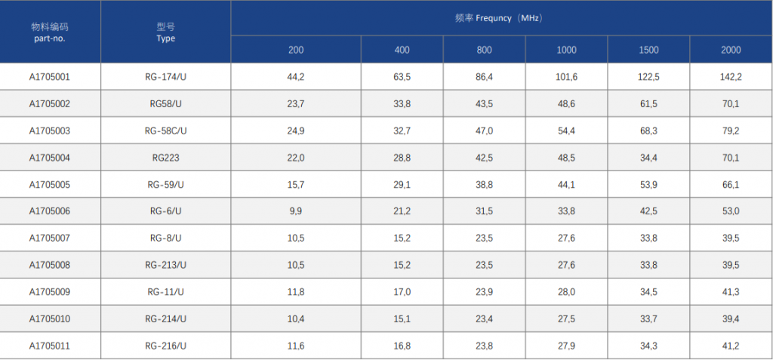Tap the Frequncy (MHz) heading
499,18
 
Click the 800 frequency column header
484,50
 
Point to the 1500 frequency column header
648,50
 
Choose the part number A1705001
49,77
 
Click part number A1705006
49,211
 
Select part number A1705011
49,346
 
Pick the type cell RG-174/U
165,77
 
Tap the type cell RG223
165,158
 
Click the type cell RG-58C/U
165,131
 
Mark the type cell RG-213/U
165,266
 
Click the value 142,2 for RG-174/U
731,77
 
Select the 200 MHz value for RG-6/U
296,211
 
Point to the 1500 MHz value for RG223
648,158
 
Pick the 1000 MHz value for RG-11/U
566,292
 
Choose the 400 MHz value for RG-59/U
402,185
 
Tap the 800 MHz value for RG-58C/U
484,131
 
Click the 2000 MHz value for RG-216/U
731,346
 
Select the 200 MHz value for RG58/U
296,104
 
